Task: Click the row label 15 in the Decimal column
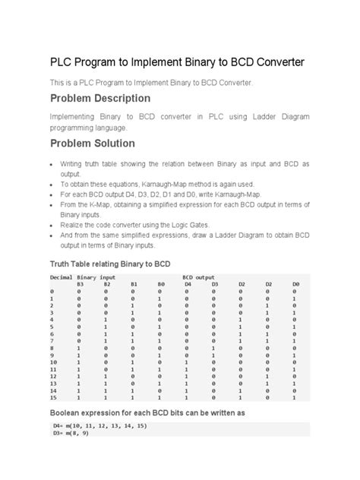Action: [x=53, y=398]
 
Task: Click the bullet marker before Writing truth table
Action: [x=49, y=164]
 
